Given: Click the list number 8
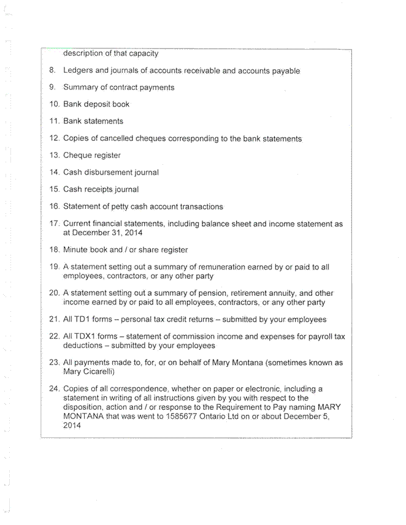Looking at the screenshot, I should pos(53,71).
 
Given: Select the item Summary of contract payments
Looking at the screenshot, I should pos(118,88).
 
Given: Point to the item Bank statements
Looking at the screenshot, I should pos(93,121).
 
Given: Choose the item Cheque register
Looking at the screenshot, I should pos(92,156).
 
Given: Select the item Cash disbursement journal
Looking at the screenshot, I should pos(111,173).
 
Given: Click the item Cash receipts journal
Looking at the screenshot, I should pos(101,189).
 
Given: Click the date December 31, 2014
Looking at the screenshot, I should pos(106,233).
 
